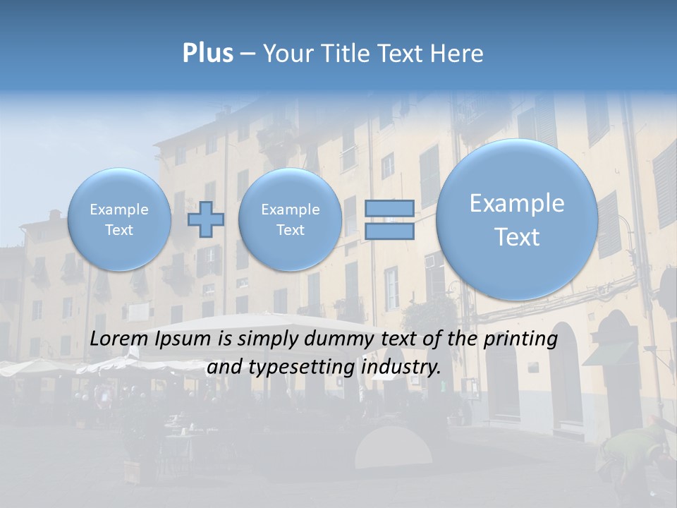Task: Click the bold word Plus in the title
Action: (x=207, y=54)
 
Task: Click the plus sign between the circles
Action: (x=206, y=219)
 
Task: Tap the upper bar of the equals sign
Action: (x=389, y=208)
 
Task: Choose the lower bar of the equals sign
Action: (x=389, y=231)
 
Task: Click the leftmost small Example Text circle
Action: (x=118, y=219)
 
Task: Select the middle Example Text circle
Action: (x=290, y=219)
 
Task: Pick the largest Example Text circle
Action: (x=517, y=219)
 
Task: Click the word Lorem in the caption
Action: (x=120, y=339)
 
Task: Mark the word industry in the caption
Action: (x=400, y=368)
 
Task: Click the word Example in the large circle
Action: (x=517, y=203)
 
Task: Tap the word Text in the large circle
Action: (x=517, y=237)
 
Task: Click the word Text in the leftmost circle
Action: (x=118, y=230)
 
